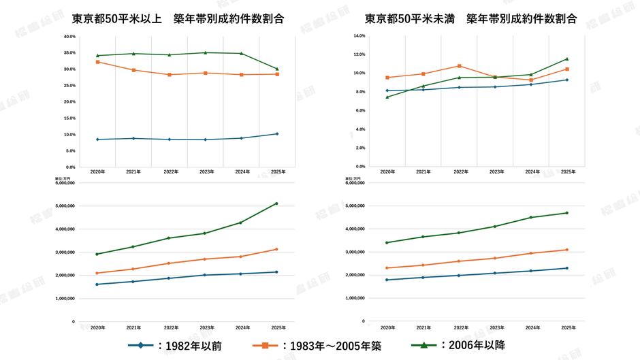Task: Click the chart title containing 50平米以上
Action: click(178, 19)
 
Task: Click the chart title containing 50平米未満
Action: click(470, 19)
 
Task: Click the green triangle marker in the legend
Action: click(423, 345)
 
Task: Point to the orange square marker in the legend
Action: click(266, 346)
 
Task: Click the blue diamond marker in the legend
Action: click(141, 346)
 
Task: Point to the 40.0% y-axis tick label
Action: click(69, 37)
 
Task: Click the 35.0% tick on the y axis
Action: click(69, 53)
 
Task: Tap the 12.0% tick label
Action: click(359, 54)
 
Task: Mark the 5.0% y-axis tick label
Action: click(70, 151)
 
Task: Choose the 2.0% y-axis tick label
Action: click(361, 148)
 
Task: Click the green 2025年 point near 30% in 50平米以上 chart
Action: click(276, 69)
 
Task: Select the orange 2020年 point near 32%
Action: click(97, 62)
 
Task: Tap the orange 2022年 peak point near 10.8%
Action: click(460, 66)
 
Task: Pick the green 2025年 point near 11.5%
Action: click(566, 59)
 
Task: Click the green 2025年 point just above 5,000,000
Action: click(276, 203)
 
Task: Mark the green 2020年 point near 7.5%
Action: click(387, 97)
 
